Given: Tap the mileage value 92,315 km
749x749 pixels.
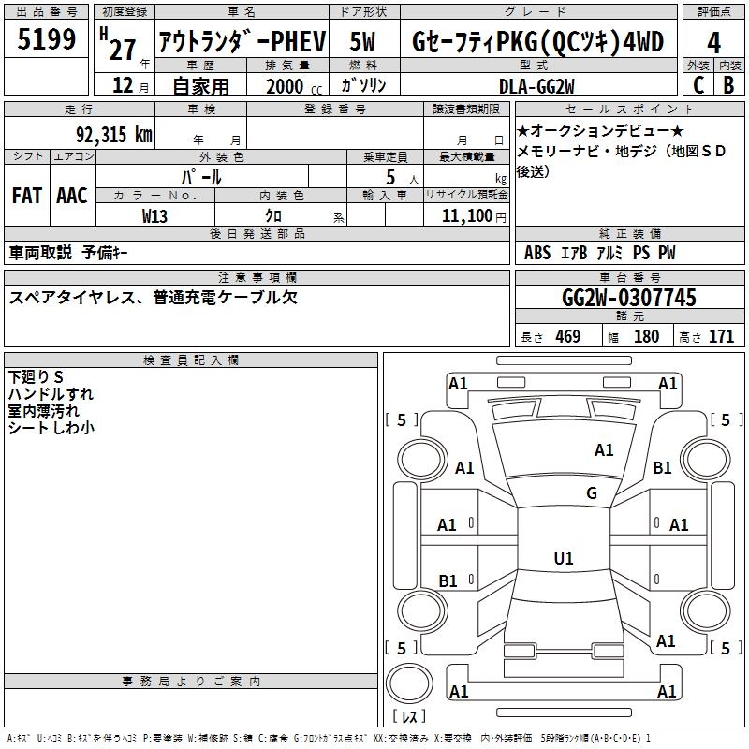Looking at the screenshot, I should [115, 134].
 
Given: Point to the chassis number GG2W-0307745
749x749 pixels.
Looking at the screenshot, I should [629, 298].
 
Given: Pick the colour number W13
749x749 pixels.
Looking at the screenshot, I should [154, 215].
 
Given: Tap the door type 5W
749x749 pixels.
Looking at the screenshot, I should [363, 42].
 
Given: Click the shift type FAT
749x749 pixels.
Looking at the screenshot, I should [26, 196].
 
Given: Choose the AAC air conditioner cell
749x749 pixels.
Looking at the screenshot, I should [72, 196].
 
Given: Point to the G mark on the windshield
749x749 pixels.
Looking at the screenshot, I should [592, 493].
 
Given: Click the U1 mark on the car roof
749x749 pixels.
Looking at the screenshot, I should [563, 559].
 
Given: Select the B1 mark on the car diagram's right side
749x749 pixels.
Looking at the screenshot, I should [663, 468].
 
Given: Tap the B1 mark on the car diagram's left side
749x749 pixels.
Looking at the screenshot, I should [448, 581].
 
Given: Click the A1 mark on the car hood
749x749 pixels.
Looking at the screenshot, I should [604, 450].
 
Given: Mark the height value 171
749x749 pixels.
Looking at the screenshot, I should [721, 337].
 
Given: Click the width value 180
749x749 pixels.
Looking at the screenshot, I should [646, 337].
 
